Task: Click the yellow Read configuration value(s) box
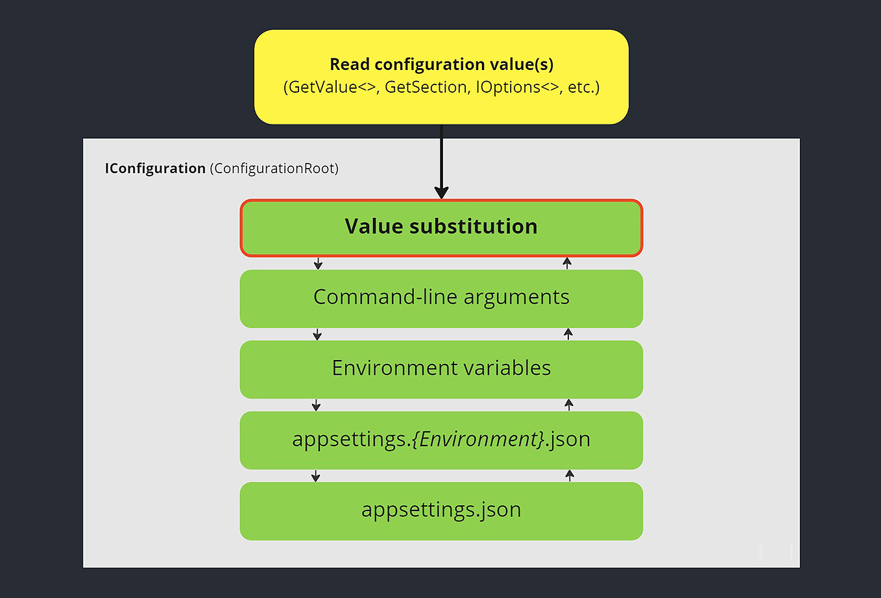(441, 77)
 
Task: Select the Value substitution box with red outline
(441, 228)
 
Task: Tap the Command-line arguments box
(441, 298)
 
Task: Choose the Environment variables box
(441, 369)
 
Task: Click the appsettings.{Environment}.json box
(441, 440)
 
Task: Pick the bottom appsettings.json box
(441, 510)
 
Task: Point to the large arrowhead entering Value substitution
(441, 192)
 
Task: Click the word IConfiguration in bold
(155, 169)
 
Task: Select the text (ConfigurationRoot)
(274, 169)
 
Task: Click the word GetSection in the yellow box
(426, 87)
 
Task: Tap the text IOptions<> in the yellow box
(517, 87)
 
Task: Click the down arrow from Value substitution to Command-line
(318, 263)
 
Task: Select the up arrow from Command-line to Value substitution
(567, 263)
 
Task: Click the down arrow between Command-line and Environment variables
(317, 334)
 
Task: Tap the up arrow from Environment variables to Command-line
(568, 333)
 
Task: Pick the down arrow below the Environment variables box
(316, 405)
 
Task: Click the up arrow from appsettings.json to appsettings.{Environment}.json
(570, 475)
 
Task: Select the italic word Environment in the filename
(479, 439)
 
